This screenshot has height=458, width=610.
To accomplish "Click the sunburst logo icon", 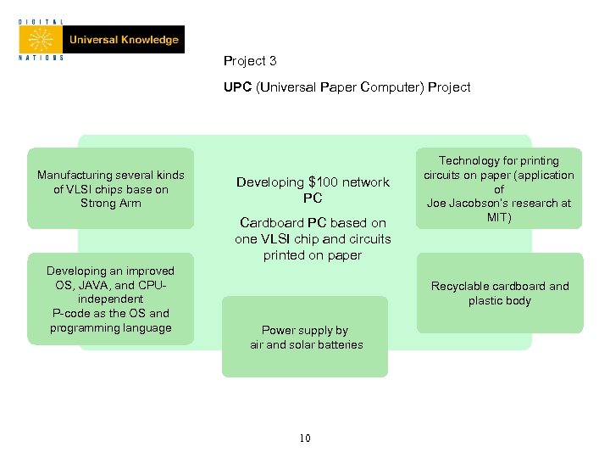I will pyautogui.click(x=41, y=39).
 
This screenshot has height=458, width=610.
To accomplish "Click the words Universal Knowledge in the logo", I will pyautogui.click(x=124, y=40).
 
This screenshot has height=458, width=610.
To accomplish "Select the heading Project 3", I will pyautogui.click(x=250, y=61).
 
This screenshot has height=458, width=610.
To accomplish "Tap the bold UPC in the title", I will pyautogui.click(x=238, y=87).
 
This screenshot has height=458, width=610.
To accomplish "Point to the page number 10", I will pyautogui.click(x=305, y=438).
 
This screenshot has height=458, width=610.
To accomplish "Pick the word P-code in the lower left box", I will pyautogui.click(x=70, y=314).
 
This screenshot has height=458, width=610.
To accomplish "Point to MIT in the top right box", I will pyautogui.click(x=499, y=218).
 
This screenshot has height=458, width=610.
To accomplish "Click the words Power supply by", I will pyautogui.click(x=304, y=331).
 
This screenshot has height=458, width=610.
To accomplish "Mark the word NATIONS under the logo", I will pyautogui.click(x=41, y=59).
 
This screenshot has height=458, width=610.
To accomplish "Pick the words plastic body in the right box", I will pyautogui.click(x=499, y=301).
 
